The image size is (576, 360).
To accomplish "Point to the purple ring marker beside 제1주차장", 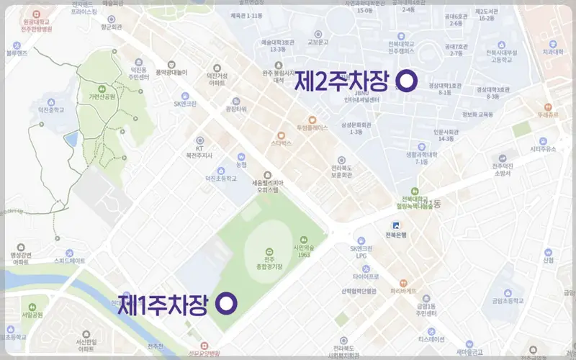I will (x=227, y=304).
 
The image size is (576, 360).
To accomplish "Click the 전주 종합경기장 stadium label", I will (x=269, y=264).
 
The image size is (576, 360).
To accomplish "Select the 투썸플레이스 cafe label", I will (x=312, y=127).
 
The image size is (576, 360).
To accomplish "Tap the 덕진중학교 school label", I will (x=46, y=110).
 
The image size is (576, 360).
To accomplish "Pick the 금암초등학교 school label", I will (x=507, y=301).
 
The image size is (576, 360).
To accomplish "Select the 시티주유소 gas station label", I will (x=544, y=149).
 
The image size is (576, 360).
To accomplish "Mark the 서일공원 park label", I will (x=32, y=315).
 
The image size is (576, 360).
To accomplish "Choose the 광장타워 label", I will (x=235, y=109).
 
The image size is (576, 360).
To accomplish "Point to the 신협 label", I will (x=549, y=260).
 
